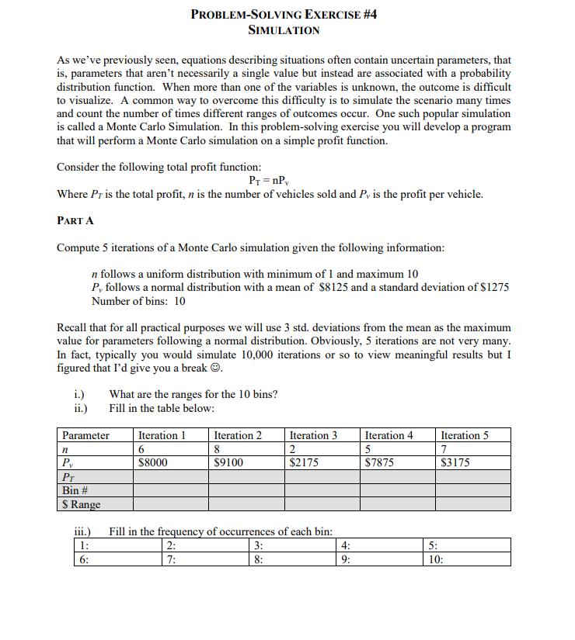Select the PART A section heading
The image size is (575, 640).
(x=75, y=220)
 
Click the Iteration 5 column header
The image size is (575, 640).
(x=465, y=435)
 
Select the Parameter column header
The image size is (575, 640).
(x=85, y=435)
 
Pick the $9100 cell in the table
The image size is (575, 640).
(x=228, y=463)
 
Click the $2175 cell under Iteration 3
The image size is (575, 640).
(x=304, y=463)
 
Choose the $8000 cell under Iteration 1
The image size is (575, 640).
(x=152, y=463)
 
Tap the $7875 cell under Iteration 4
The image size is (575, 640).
(x=379, y=463)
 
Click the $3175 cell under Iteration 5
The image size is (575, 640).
(x=455, y=463)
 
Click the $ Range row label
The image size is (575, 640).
(x=81, y=504)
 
